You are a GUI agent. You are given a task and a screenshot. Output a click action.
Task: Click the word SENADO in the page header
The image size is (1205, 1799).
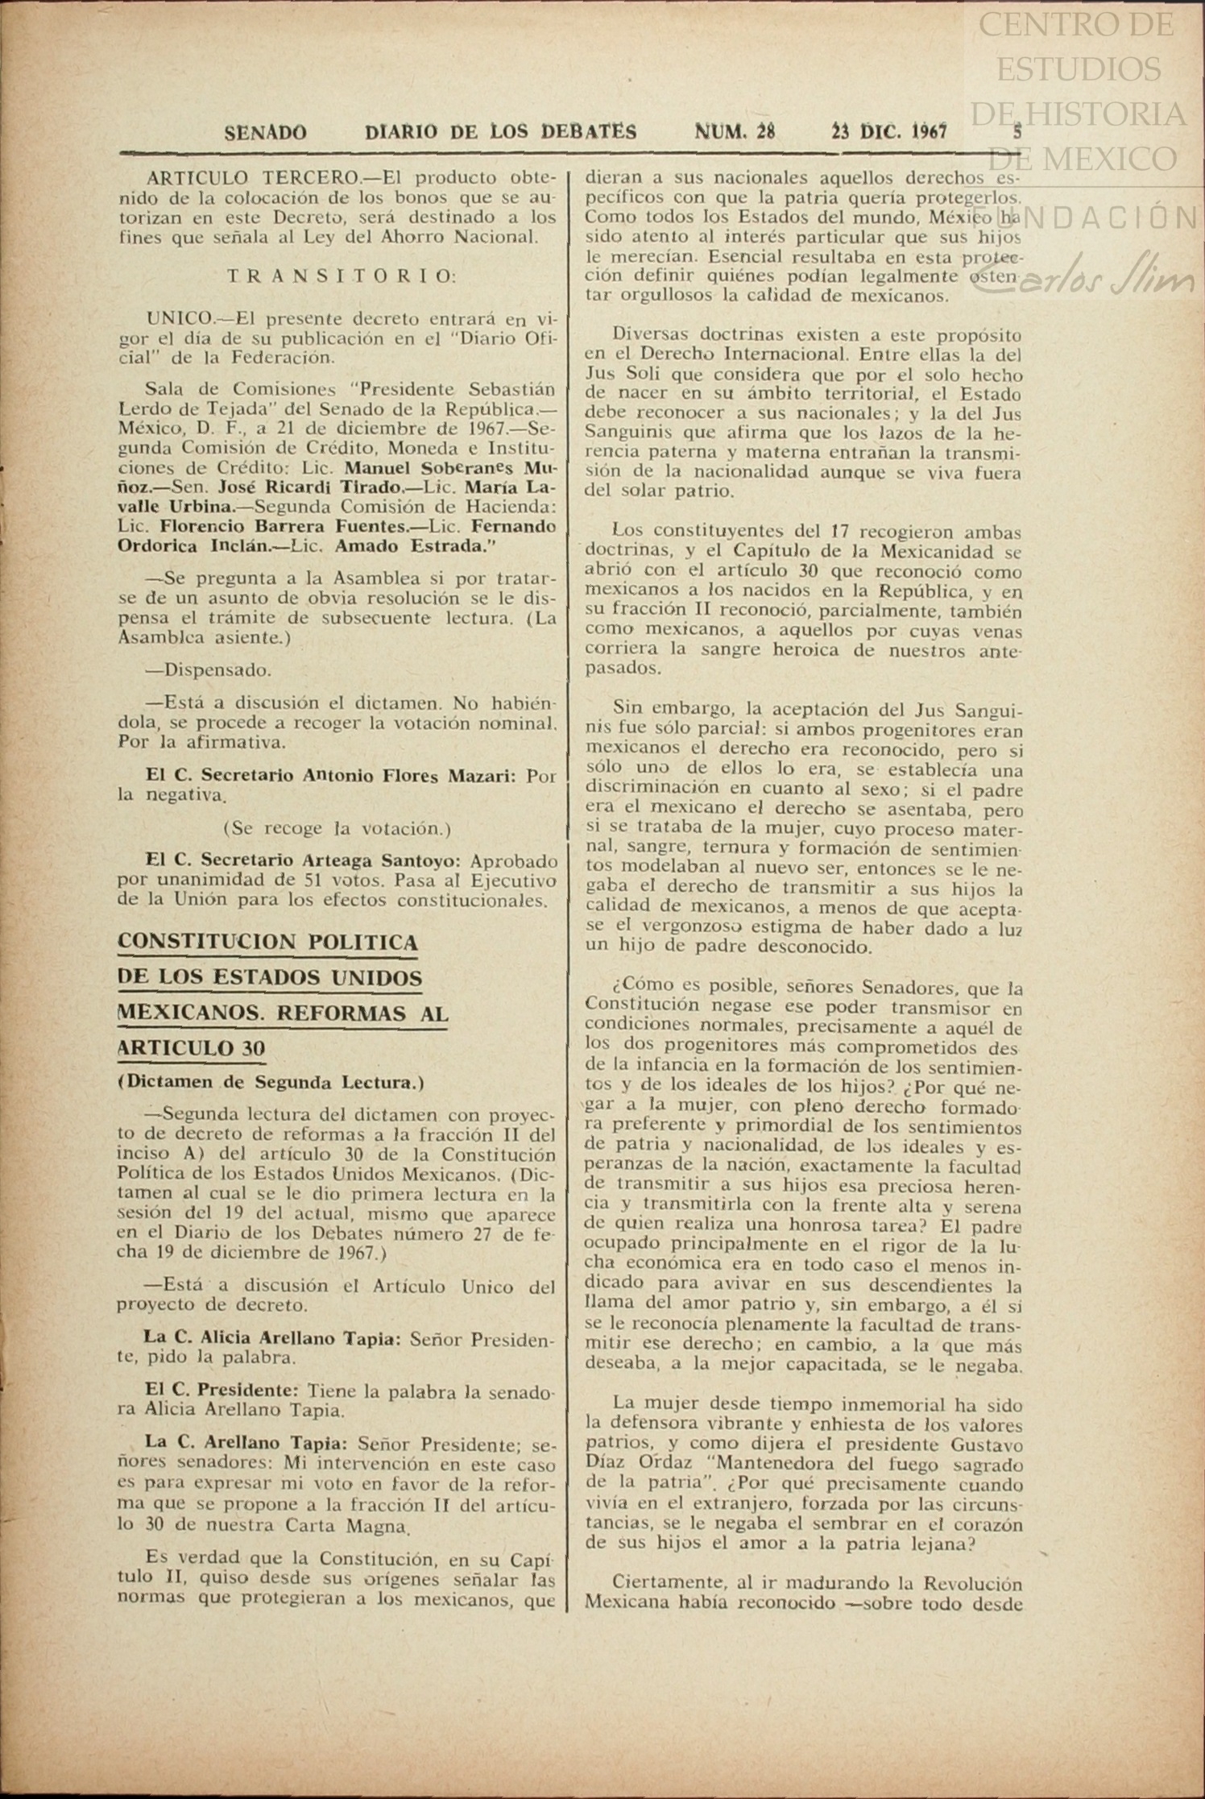pyautogui.click(x=265, y=132)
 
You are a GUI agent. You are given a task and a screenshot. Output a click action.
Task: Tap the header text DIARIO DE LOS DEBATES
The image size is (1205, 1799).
pyautogui.click(x=500, y=132)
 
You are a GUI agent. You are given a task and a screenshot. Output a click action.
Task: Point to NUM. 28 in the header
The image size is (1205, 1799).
pyautogui.click(x=735, y=132)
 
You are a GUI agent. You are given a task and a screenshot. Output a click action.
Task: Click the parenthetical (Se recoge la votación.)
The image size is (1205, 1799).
pyautogui.click(x=337, y=828)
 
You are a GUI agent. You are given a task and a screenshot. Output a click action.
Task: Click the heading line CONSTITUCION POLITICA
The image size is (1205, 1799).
pyautogui.click(x=267, y=942)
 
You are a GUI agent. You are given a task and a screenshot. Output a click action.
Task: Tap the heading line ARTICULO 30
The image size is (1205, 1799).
pyautogui.click(x=191, y=1048)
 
